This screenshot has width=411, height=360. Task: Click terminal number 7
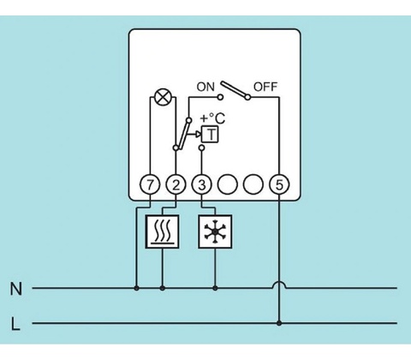point(150,185)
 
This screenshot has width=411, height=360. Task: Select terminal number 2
point(176,185)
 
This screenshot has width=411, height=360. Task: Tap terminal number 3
point(201,185)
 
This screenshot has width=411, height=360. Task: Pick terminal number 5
point(279,185)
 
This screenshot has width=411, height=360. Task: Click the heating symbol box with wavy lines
point(163,231)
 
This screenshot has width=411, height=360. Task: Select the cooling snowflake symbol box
point(215,231)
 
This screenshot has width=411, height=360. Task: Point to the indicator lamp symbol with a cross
point(164,97)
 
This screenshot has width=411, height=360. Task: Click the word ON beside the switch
point(205,87)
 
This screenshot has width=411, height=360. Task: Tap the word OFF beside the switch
point(265,87)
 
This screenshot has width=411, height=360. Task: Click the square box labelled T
point(211,134)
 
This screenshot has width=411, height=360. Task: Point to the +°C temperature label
point(212,118)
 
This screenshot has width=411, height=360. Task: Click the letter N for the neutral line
point(16,289)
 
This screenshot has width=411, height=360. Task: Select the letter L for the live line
point(15,324)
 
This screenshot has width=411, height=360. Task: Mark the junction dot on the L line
point(279,323)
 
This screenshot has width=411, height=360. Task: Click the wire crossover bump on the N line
point(279,285)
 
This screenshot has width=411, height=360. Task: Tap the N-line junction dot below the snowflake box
point(215,288)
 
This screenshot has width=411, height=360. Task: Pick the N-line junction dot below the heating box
point(163,288)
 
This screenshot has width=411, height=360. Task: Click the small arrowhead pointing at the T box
point(198,134)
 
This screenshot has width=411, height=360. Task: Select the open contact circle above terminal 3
point(201,147)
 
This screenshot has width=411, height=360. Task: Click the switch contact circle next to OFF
point(248,98)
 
